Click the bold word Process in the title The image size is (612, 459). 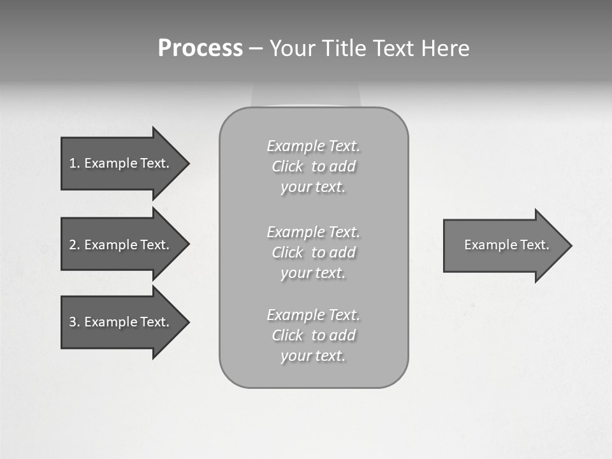click(x=200, y=48)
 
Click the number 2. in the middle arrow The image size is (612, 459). click(x=74, y=245)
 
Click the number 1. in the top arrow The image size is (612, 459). click(x=74, y=163)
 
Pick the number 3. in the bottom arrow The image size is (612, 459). click(x=74, y=322)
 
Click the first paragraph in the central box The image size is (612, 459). click(x=313, y=166)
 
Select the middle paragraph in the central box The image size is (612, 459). click(x=313, y=252)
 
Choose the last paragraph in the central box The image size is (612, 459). click(x=313, y=335)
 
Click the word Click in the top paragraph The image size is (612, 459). click(x=288, y=167)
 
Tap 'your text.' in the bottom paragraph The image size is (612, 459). click(x=313, y=356)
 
